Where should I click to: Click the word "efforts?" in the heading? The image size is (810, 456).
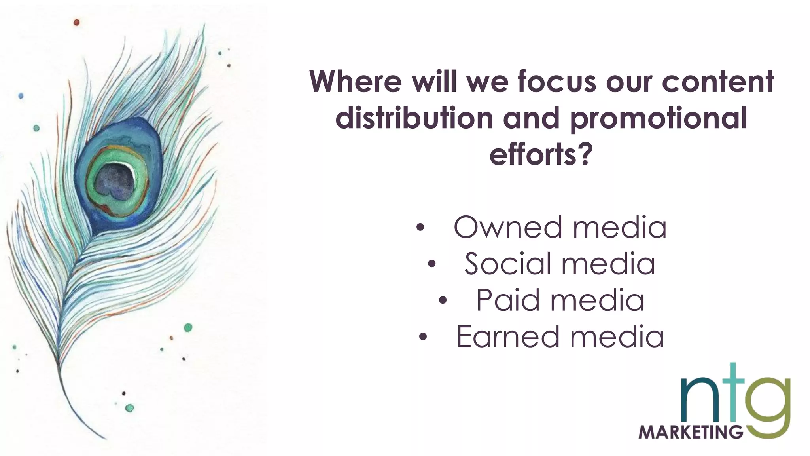tap(541, 154)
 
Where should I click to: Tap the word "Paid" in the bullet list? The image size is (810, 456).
tap(507, 300)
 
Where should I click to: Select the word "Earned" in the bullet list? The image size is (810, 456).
tap(508, 336)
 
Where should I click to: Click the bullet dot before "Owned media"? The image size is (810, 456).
tap(420, 228)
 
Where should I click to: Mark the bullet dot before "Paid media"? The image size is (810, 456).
tap(443, 301)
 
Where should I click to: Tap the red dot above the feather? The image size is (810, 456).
tap(76, 23)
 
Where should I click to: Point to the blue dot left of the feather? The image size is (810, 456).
tap(21, 96)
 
